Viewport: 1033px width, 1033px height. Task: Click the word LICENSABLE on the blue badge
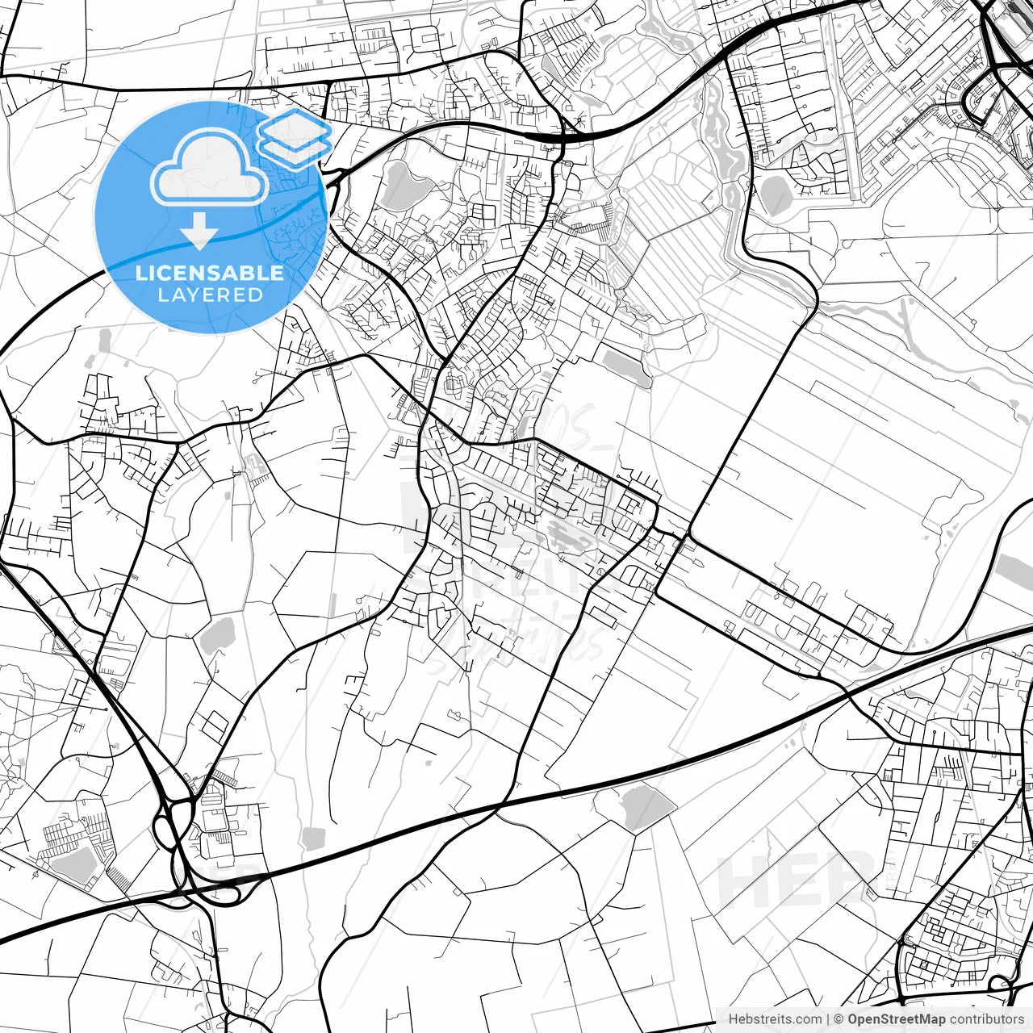click(x=210, y=273)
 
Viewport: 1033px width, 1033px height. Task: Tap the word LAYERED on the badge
click(x=210, y=295)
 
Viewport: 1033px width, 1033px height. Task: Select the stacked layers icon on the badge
click(x=295, y=137)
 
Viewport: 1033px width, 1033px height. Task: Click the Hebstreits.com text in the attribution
click(x=776, y=1019)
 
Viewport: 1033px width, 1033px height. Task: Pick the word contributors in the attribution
click(x=986, y=1019)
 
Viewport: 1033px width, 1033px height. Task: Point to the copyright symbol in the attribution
click(x=839, y=1019)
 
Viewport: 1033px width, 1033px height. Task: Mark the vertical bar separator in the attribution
click(x=828, y=1019)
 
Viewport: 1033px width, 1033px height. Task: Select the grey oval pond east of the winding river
click(x=776, y=195)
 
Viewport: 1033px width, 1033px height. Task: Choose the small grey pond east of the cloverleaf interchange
click(x=312, y=838)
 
